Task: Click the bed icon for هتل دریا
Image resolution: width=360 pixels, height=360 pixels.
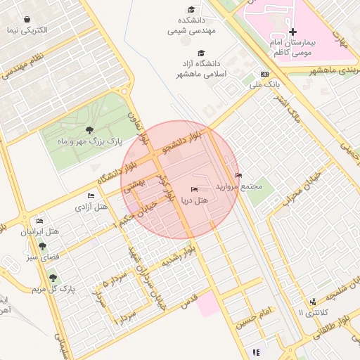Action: click(x=194, y=190)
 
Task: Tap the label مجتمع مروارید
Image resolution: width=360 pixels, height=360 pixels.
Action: click(x=242, y=187)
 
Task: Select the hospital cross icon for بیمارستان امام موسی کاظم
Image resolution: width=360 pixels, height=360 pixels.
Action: click(x=293, y=32)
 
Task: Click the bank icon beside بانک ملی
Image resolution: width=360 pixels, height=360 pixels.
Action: click(x=264, y=74)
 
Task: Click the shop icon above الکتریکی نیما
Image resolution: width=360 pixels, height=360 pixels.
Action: click(x=27, y=20)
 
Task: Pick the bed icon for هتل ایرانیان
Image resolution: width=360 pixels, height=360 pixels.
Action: click(x=39, y=221)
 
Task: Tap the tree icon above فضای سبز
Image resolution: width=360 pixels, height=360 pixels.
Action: click(x=43, y=247)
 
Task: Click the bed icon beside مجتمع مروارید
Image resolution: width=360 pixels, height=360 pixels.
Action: click(x=238, y=176)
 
